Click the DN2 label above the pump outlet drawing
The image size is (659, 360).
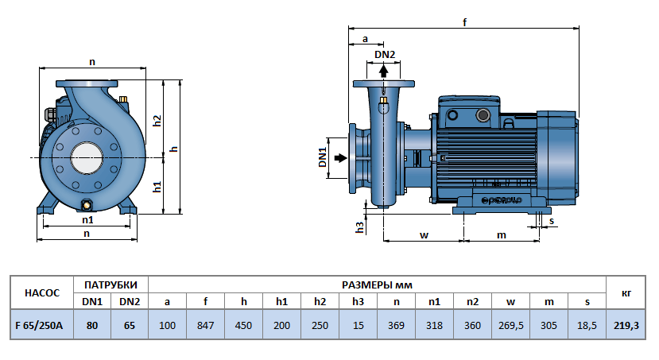(x=385, y=53)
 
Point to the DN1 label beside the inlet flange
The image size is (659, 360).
(x=324, y=157)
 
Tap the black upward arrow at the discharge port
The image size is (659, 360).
(x=384, y=70)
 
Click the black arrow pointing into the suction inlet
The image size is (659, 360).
(x=340, y=158)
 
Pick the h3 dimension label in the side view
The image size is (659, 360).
(x=359, y=226)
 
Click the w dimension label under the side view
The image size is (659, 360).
(x=424, y=235)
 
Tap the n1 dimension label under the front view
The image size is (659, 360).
(x=87, y=219)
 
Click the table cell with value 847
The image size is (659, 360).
(x=205, y=325)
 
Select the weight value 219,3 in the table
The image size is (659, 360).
(x=626, y=325)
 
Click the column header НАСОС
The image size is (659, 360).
(x=42, y=292)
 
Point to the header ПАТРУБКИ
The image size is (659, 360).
(x=110, y=284)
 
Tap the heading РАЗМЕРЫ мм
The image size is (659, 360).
(x=377, y=284)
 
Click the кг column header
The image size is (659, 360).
(x=626, y=292)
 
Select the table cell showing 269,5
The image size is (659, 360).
(x=510, y=325)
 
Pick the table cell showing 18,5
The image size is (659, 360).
(x=587, y=325)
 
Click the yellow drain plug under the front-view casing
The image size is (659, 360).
(x=86, y=206)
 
